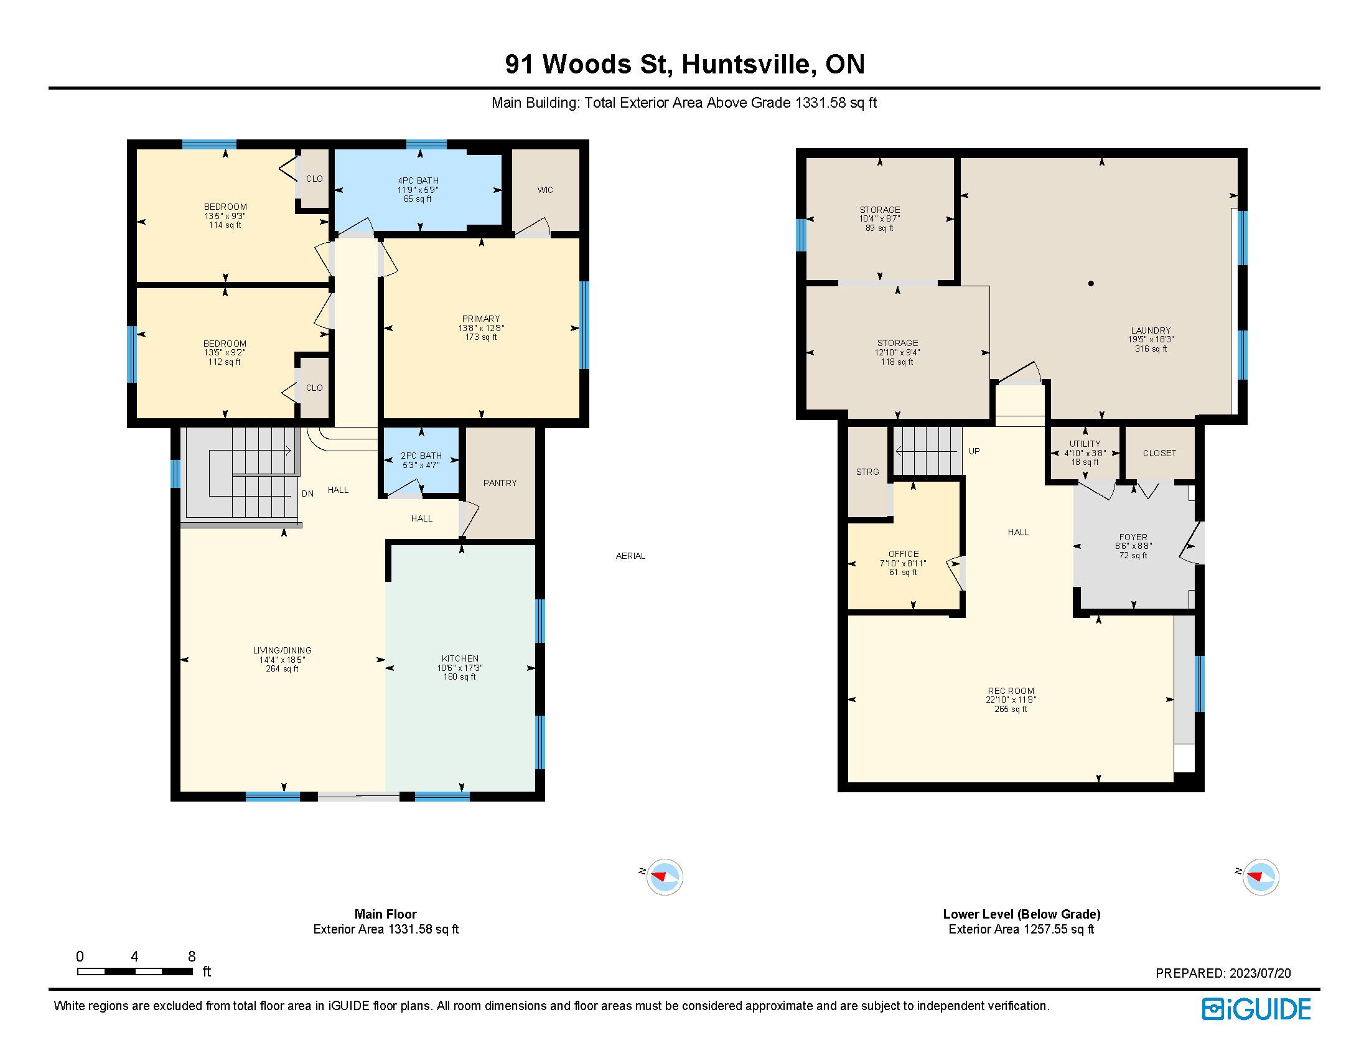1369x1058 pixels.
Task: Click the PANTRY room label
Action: pos(500,482)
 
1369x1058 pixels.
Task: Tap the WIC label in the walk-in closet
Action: pos(544,190)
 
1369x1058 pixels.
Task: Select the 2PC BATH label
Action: pos(421,456)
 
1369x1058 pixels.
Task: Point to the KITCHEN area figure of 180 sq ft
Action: pos(459,677)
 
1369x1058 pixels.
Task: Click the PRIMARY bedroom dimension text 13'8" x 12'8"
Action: pos(481,328)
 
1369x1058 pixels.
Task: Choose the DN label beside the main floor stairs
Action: pos(307,494)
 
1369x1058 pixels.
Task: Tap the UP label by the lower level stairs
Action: pos(974,451)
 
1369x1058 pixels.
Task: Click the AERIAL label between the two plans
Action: pos(630,556)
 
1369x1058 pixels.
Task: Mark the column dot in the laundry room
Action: pos(1091,283)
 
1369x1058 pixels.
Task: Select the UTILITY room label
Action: pos(1085,444)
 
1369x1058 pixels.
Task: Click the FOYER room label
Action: pos(1133,537)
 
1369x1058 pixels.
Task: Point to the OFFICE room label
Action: pos(904,554)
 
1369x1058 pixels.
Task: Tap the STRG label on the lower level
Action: pos(867,472)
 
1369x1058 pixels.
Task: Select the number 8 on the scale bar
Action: pos(192,957)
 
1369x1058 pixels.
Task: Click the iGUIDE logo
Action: pos(1256,1009)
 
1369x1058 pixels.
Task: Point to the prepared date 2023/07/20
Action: pos(1260,973)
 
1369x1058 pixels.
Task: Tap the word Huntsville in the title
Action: pos(749,65)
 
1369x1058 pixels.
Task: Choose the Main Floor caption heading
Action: pos(386,914)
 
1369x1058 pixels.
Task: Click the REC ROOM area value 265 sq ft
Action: pos(1011,709)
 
